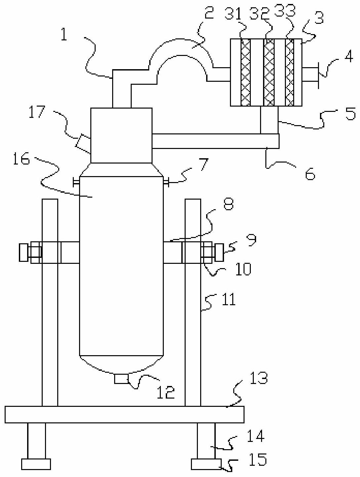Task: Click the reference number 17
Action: [37, 112]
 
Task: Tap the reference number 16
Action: [21, 159]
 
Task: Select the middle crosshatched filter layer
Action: [269, 72]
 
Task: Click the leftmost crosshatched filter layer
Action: [246, 72]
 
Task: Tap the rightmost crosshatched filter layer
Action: [290, 72]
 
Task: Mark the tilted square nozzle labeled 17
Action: [83, 144]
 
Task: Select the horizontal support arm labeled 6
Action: [215, 141]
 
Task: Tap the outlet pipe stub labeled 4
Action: [310, 74]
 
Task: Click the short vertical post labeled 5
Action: [269, 120]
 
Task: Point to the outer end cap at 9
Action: [219, 253]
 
